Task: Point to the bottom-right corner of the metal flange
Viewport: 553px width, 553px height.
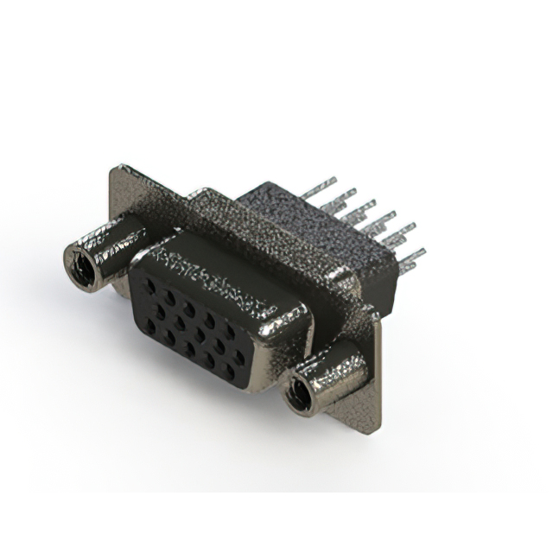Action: (x=373, y=429)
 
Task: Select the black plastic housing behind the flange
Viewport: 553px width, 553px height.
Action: (x=285, y=216)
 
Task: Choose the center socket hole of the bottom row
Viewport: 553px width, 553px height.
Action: (x=188, y=349)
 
